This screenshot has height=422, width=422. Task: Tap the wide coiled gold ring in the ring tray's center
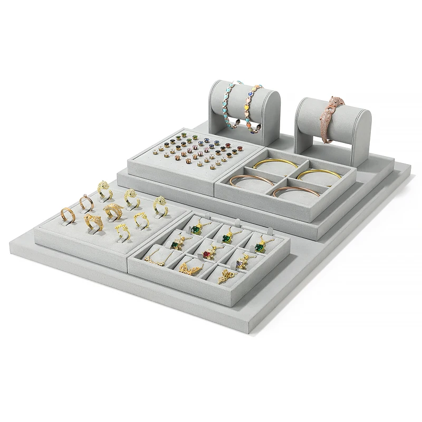point(113,211)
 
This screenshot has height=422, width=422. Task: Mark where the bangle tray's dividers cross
point(283,179)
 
